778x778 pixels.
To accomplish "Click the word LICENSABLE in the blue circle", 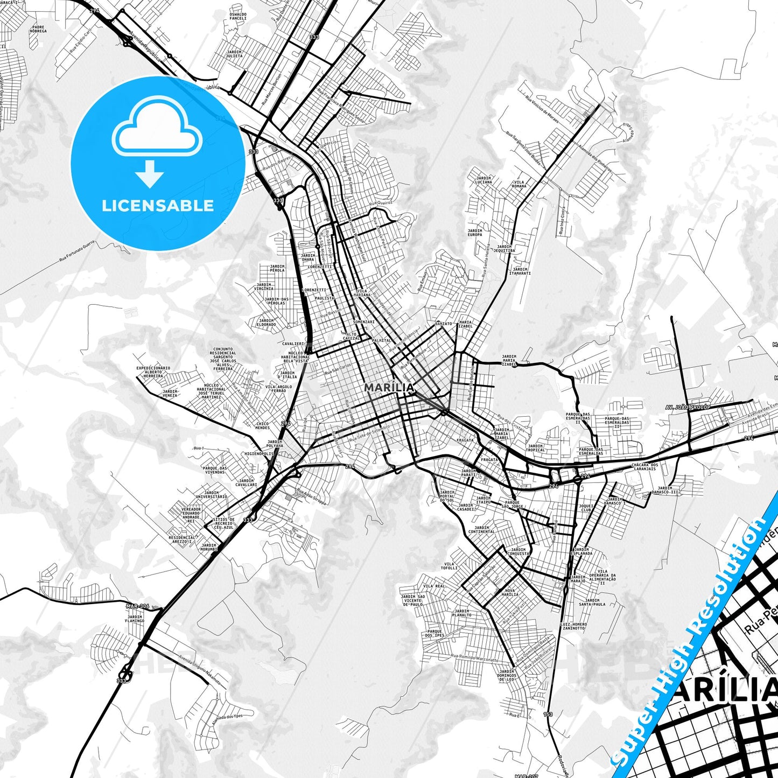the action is click(x=158, y=205).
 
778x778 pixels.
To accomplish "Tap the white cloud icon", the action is click(x=157, y=130).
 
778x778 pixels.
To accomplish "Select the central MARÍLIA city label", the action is click(x=389, y=388).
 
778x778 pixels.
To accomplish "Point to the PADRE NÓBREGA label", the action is click(x=39, y=29).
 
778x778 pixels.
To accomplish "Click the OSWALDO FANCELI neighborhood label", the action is click(x=237, y=16).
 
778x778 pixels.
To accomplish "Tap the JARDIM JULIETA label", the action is click(x=234, y=54).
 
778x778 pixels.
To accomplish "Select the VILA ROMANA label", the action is click(x=519, y=184).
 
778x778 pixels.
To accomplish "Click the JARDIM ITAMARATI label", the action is click(x=520, y=271).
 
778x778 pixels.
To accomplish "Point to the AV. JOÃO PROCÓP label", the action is click(x=688, y=407).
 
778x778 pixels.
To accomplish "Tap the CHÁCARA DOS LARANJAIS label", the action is click(x=644, y=467).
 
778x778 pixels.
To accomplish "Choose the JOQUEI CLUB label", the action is click(x=586, y=508).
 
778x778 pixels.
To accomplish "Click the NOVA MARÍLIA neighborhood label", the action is click(x=509, y=592).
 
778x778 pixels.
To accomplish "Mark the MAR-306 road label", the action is click(x=137, y=606).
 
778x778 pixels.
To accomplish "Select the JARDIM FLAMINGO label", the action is click(x=135, y=619).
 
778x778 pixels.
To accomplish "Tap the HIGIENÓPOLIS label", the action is click(x=260, y=454).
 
